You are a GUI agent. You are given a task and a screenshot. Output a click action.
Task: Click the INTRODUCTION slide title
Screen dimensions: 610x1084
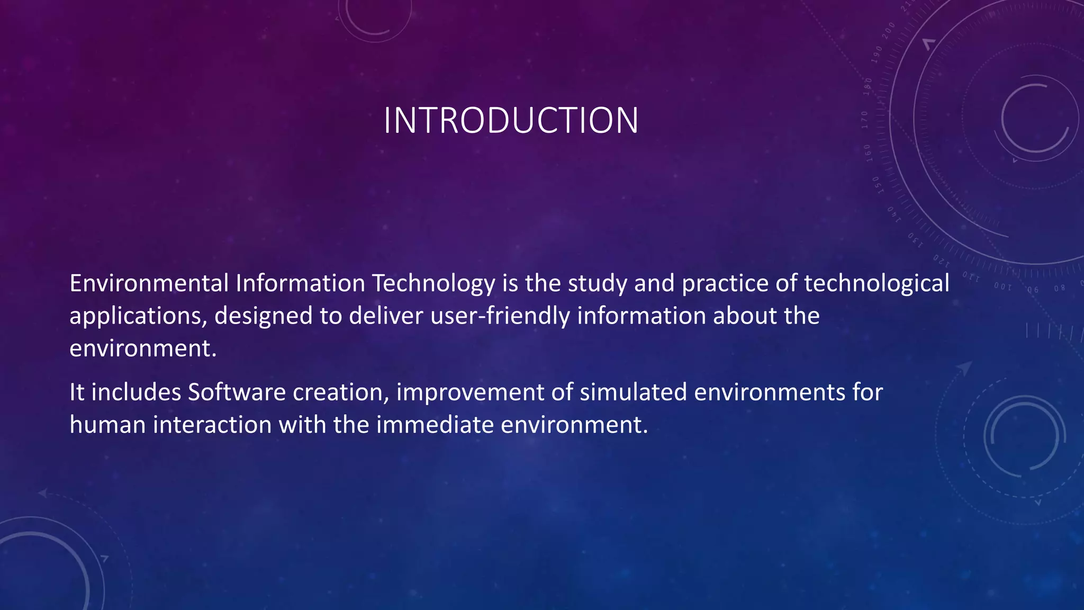point(511,121)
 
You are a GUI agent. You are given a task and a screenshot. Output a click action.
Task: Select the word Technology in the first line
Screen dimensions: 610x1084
point(433,283)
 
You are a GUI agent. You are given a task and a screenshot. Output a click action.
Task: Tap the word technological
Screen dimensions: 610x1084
point(877,283)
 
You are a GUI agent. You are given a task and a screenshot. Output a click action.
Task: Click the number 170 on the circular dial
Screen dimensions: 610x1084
point(865,120)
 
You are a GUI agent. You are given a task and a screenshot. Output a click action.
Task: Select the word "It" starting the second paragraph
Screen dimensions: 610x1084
point(77,392)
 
